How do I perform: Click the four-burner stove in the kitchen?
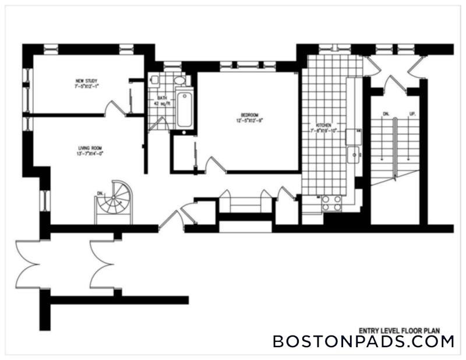(x=331, y=202)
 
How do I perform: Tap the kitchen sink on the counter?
(x=352, y=155)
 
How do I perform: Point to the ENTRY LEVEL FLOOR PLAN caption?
(x=406, y=327)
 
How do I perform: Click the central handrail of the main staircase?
(x=396, y=146)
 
